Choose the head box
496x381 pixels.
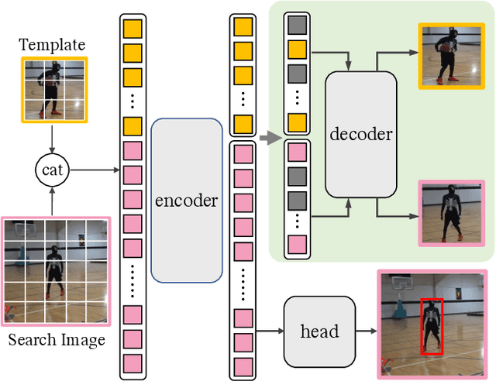click(x=319, y=331)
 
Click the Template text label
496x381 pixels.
click(x=52, y=43)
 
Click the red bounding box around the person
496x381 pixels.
click(x=431, y=327)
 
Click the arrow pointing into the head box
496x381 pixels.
click(x=270, y=331)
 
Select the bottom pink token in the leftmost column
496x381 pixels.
click(x=133, y=362)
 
